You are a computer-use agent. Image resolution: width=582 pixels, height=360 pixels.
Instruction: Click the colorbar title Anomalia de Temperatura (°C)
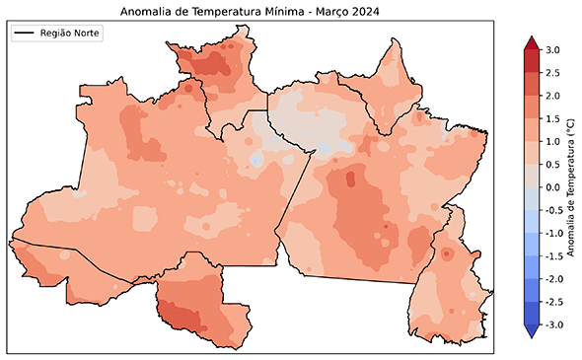click(x=572, y=187)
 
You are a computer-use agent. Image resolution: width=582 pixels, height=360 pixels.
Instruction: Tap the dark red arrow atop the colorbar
click(x=531, y=43)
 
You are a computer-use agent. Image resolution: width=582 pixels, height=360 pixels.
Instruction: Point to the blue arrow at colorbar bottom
click(x=531, y=331)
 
